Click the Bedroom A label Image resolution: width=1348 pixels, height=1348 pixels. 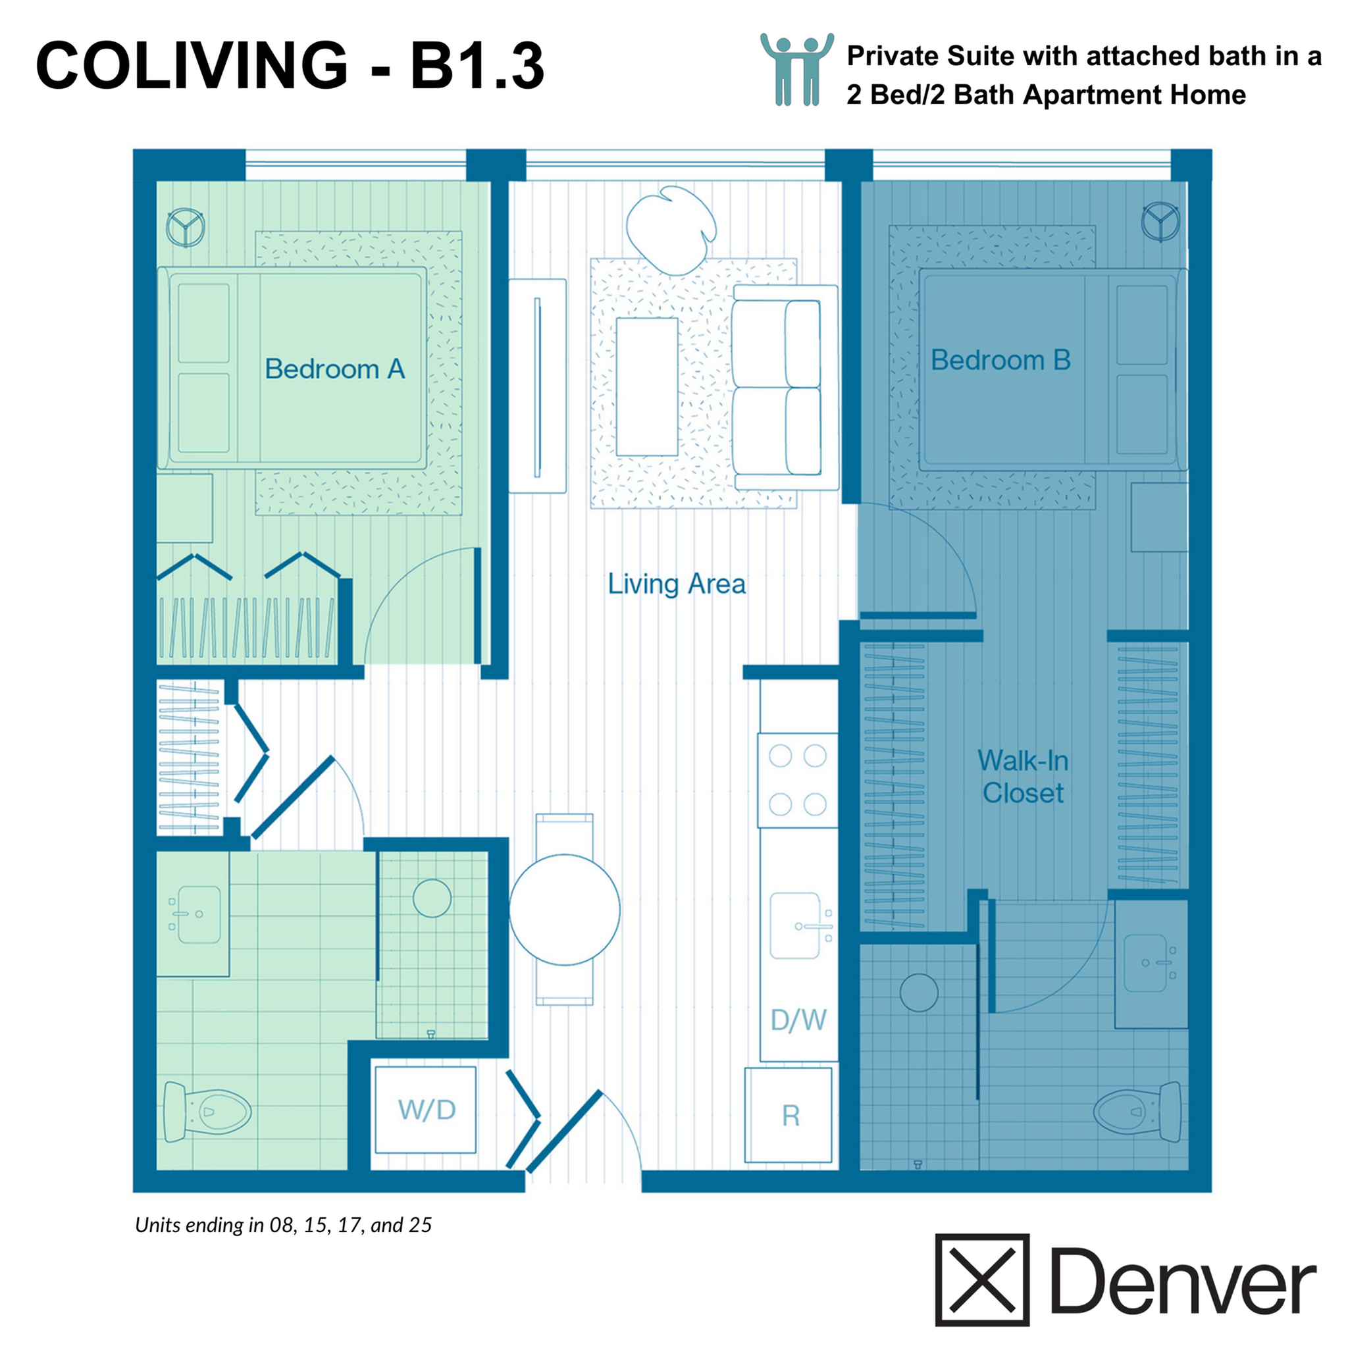(335, 369)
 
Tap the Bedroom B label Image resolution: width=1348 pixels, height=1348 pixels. (1000, 361)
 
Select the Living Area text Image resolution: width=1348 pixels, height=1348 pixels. (676, 584)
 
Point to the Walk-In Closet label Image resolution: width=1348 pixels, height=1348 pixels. (1022, 777)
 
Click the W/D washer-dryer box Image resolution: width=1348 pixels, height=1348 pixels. (426, 1109)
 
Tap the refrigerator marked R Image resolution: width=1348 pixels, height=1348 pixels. (789, 1116)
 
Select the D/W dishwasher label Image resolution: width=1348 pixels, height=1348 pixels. (798, 1020)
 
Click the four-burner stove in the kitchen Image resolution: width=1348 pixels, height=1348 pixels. (797, 780)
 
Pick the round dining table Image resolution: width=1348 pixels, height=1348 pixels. (565, 910)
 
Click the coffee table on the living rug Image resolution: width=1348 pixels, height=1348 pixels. (647, 387)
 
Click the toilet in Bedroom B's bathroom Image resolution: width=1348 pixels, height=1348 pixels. (1137, 1112)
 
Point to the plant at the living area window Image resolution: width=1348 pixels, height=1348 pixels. (671, 229)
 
